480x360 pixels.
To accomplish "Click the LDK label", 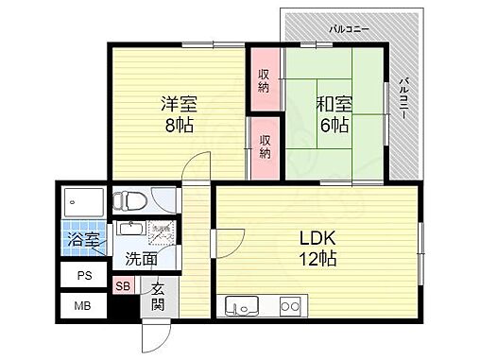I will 316,237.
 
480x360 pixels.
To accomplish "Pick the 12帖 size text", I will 316,258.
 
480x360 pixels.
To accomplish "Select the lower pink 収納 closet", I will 266,146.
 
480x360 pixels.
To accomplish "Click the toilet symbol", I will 129,200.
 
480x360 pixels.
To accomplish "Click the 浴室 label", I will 83,240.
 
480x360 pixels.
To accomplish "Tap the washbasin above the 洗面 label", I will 129,231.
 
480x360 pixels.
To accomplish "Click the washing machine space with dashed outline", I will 163,232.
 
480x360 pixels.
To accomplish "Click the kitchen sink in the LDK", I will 240,306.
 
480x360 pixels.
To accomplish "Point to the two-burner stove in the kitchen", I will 289,306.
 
